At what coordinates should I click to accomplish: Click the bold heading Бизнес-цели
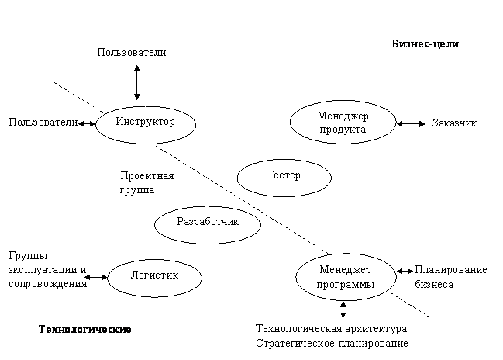425,43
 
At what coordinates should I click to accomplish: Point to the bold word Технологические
85,329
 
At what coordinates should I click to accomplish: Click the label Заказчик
454,123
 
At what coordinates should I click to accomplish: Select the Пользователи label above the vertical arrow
132,52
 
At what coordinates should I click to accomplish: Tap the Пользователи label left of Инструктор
43,122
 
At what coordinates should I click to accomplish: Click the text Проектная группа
147,182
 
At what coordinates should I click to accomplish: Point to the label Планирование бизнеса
451,277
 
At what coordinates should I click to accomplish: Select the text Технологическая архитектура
332,328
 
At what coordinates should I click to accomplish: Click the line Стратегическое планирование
332,343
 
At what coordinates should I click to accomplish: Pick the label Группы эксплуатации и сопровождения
48,270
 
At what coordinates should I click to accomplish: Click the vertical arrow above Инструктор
137,82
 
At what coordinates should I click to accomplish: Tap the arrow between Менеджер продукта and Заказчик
412,123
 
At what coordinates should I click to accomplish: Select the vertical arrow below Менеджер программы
343,310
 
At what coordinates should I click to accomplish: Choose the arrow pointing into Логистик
96,277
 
